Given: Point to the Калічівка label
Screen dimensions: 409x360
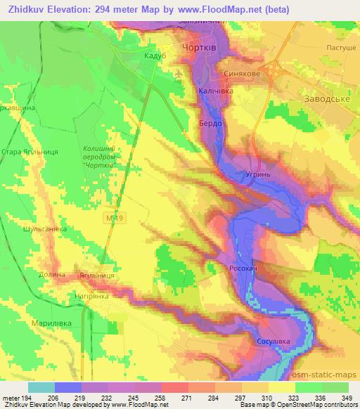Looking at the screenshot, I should click(x=215, y=91).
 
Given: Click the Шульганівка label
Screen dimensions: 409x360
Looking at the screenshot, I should click(x=45, y=228).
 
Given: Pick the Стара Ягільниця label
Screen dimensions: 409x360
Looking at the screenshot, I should click(x=30, y=152).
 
